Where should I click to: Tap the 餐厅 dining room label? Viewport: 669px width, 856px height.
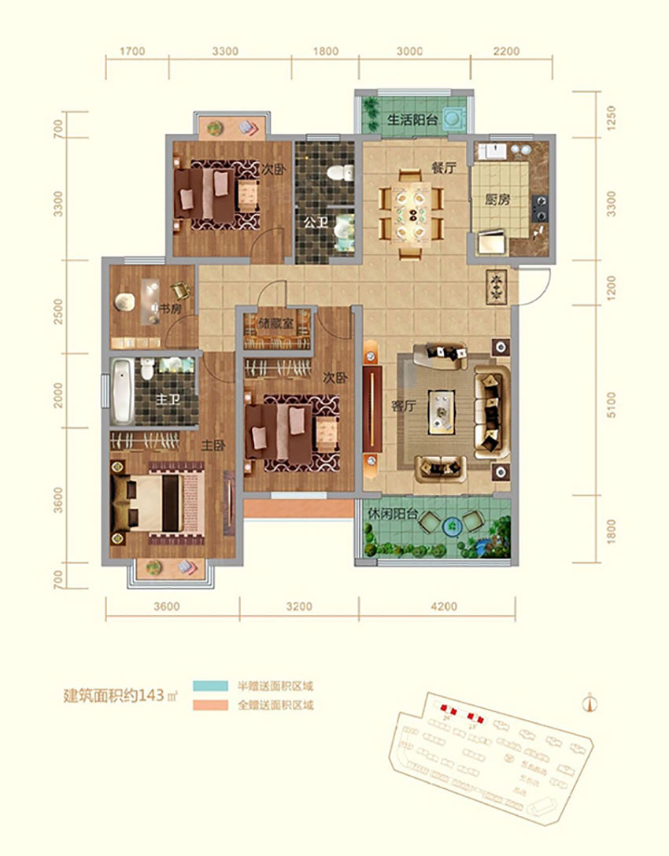[444, 168]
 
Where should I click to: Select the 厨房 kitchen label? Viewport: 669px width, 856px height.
[497, 199]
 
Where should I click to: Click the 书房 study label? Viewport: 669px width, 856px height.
[170, 309]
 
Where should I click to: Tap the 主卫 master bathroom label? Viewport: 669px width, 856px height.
[166, 400]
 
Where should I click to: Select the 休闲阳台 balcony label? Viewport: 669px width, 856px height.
[393, 516]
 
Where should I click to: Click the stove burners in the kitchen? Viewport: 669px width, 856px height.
[541, 206]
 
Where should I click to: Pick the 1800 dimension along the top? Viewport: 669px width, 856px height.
[325, 52]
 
